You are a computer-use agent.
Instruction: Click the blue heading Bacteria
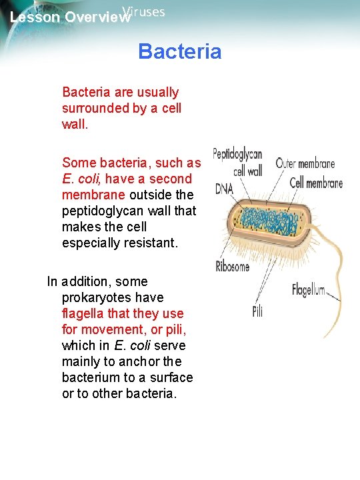(180, 51)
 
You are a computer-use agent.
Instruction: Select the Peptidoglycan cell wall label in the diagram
(238, 162)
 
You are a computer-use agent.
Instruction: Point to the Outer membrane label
(305, 163)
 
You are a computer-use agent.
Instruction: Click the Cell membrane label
(316, 183)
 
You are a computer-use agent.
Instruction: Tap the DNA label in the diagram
(225, 189)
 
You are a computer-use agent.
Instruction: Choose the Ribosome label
(233, 267)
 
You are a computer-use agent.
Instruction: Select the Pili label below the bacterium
(257, 311)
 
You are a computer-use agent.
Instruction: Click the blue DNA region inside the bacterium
(270, 223)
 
